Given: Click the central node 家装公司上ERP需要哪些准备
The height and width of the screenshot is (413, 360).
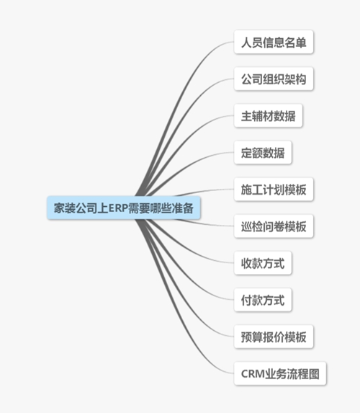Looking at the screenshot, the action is click(124, 208).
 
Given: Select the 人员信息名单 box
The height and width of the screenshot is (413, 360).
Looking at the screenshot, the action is click(274, 42).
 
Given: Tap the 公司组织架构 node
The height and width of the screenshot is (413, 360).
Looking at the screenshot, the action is click(274, 79).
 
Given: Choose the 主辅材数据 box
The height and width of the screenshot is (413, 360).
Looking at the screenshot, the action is click(268, 116).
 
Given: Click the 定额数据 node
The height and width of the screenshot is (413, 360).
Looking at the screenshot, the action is click(263, 153).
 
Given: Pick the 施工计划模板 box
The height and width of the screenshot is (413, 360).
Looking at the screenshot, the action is click(274, 190).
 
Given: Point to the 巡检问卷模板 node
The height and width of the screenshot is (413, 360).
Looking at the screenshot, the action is click(274, 226).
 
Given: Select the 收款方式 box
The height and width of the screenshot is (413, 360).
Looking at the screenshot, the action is click(263, 263).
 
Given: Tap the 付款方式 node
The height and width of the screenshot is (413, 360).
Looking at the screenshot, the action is click(263, 301).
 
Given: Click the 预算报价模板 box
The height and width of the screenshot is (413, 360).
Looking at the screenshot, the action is click(274, 337).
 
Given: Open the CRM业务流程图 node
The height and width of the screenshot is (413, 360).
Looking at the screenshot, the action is click(280, 374).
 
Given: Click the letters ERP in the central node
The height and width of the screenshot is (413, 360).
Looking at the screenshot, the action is click(118, 208).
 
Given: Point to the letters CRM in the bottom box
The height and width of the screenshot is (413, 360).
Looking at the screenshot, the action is click(253, 374).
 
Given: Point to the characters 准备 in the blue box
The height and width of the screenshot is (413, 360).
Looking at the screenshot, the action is click(183, 208).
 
